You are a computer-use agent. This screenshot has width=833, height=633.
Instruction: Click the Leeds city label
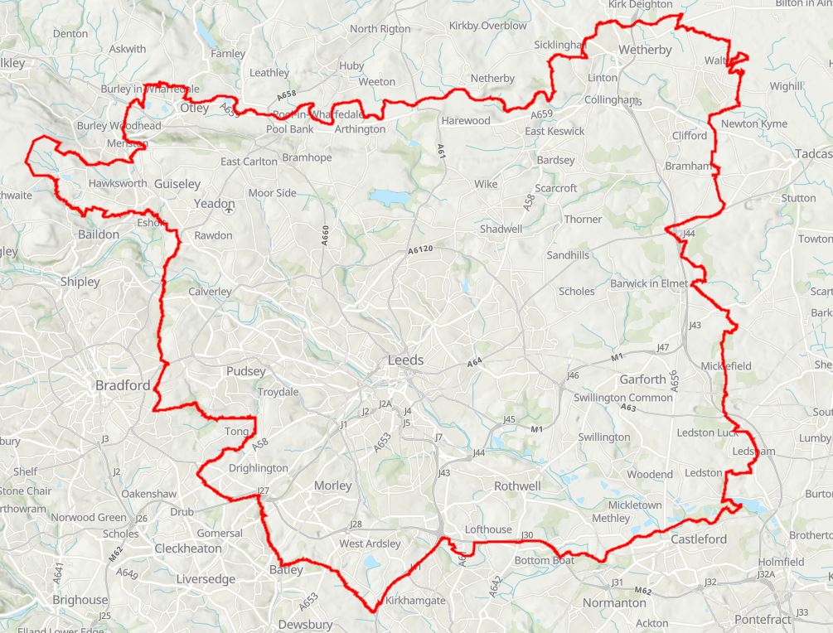405,360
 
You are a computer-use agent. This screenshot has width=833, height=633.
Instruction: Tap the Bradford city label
123,385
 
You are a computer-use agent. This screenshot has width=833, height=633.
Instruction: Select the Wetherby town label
645,51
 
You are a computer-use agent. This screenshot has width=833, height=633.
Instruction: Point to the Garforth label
642,379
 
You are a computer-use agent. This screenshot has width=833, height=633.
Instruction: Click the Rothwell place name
517,486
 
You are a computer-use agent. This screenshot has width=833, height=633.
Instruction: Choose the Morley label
332,486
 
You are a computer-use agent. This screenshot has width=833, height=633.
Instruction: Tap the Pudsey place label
246,372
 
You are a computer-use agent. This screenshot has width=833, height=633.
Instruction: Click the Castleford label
698,539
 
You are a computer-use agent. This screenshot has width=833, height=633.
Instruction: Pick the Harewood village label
465,121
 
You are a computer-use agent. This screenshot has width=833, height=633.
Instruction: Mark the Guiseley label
177,184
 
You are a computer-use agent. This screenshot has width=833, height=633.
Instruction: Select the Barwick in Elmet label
649,283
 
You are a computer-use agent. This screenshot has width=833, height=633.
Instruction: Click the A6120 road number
421,250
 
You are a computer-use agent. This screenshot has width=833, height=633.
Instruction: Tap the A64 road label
474,363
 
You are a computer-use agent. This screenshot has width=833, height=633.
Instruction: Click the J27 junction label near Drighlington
264,491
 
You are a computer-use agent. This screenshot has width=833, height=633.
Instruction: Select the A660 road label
326,234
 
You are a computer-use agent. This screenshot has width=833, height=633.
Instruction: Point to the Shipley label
80,282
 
